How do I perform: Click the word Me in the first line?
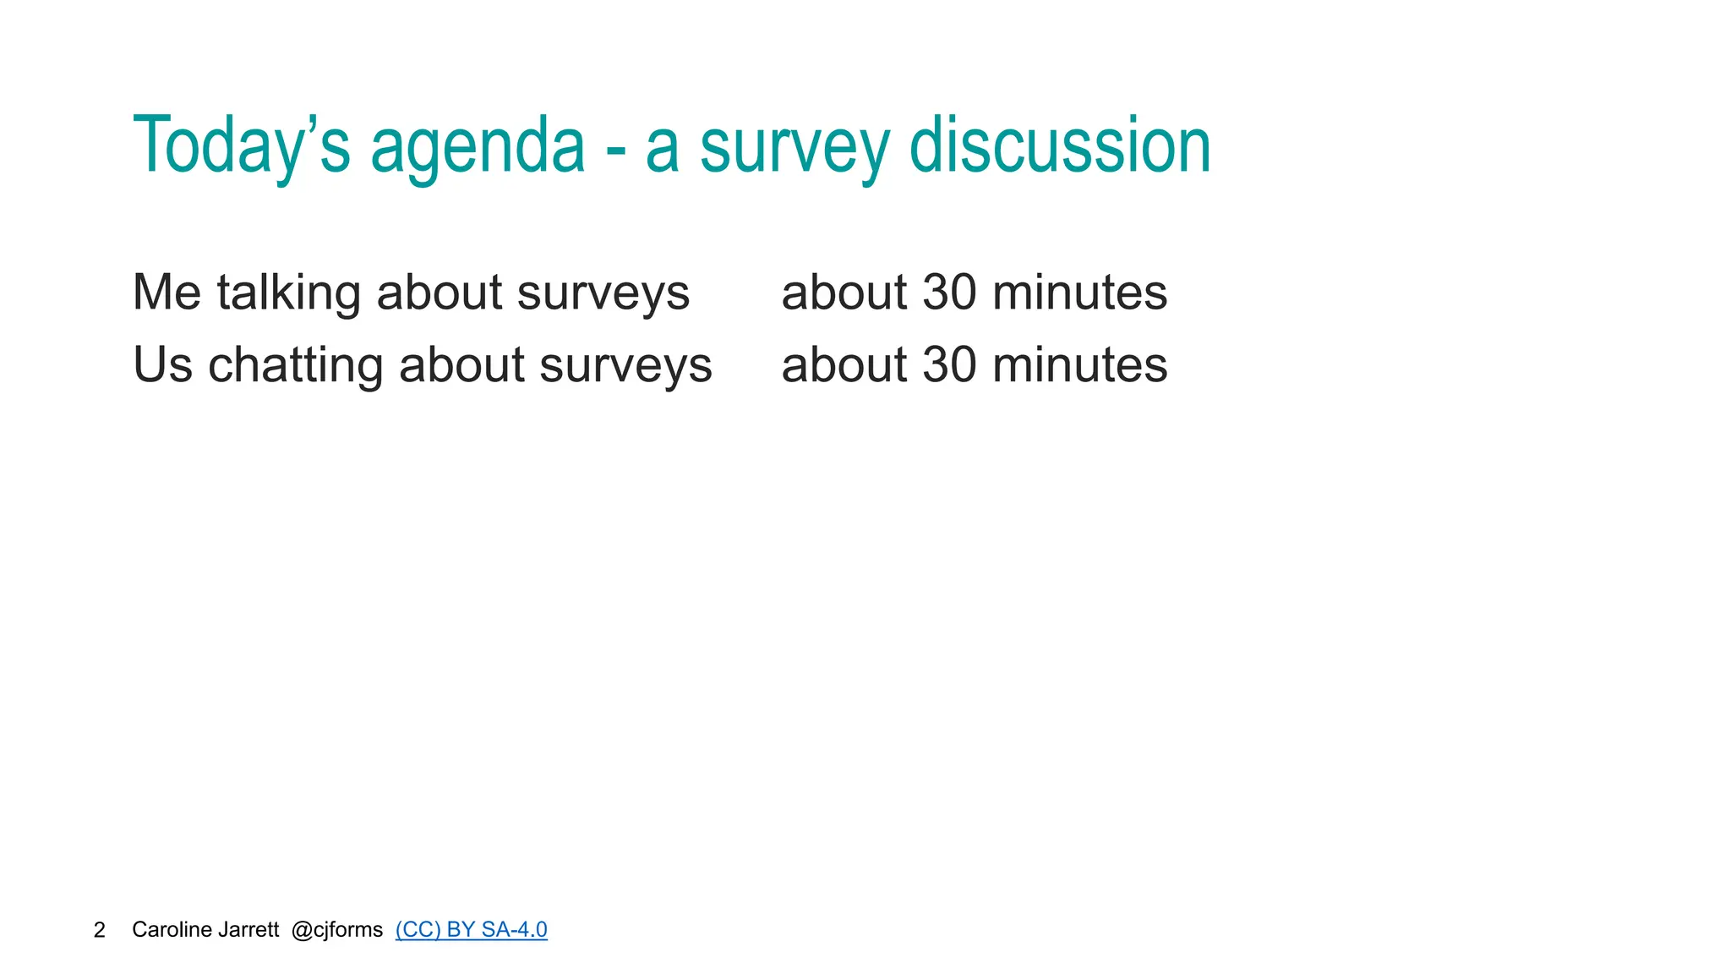click(167, 293)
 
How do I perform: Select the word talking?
click(289, 293)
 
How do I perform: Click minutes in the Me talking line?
click(1079, 293)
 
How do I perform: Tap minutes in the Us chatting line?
click(1079, 365)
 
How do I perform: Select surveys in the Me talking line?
click(603, 293)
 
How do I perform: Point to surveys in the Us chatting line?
click(625, 365)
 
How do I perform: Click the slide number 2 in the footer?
click(100, 930)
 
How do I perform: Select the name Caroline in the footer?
click(172, 930)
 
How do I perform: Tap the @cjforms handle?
click(336, 930)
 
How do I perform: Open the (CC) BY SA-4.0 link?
click(471, 930)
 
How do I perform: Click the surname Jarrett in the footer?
click(248, 930)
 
